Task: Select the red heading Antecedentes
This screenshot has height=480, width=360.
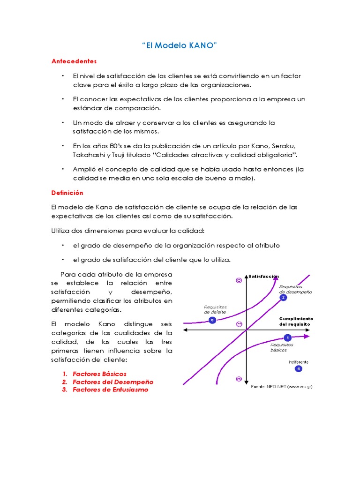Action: point(74,61)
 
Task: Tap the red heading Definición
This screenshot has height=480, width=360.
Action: point(67,192)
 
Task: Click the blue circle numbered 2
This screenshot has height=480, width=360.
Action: point(283,298)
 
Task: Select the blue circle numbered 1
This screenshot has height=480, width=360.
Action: point(287,337)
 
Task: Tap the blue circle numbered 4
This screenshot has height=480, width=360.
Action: point(299,369)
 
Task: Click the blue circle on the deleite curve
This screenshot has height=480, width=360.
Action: point(212,320)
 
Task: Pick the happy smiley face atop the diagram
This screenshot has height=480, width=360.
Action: point(239,280)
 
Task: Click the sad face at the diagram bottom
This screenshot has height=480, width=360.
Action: point(239,378)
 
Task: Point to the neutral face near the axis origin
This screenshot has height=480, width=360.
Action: point(239,324)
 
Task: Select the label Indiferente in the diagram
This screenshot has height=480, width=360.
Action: point(299,362)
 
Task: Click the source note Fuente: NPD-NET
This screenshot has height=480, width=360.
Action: point(281,387)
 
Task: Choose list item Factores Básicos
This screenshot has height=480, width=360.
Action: point(99,374)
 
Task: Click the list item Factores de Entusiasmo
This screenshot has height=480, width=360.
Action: point(110,390)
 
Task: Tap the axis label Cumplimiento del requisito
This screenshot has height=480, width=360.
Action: point(296,321)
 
